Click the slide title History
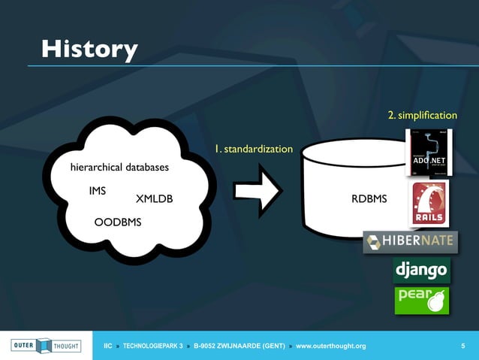click(x=89, y=49)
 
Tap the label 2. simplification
click(x=422, y=115)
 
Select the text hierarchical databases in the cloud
click(x=119, y=166)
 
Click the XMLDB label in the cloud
click(x=154, y=199)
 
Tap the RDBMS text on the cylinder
click(x=369, y=199)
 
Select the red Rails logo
click(x=429, y=202)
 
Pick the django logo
click(x=421, y=269)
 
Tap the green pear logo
click(x=421, y=299)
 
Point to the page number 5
click(x=462, y=346)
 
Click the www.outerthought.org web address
click(x=331, y=346)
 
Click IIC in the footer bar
click(x=107, y=346)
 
